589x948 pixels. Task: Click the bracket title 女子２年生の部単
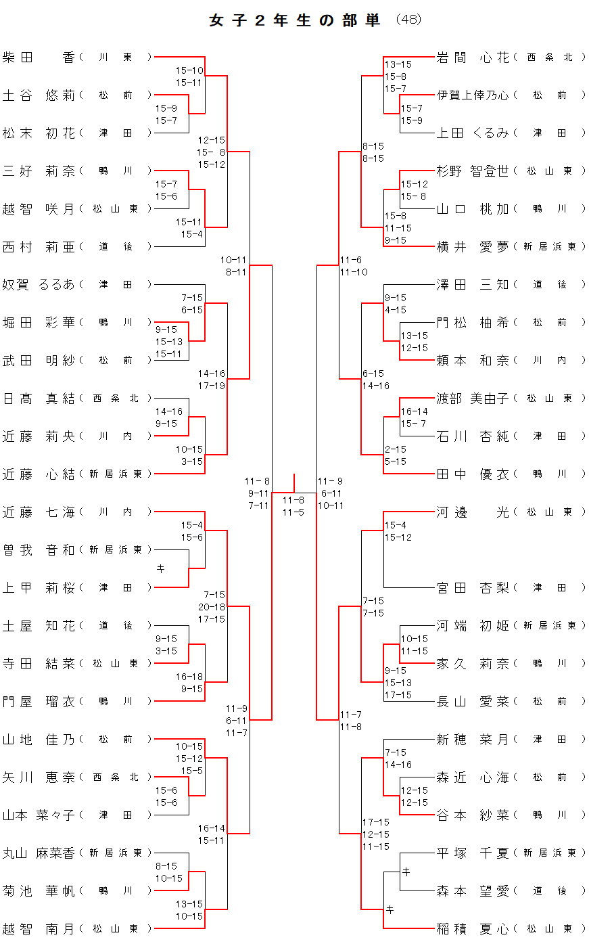coord(294,20)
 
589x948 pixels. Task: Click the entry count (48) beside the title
coord(408,20)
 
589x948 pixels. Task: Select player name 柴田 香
coord(39,58)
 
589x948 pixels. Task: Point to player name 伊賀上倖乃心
coord(473,95)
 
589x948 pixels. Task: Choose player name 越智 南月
coord(39,929)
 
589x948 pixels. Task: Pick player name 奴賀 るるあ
coord(39,285)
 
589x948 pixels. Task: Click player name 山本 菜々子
coord(39,815)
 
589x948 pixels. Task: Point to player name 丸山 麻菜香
coord(39,853)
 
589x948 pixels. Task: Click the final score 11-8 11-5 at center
coord(293,506)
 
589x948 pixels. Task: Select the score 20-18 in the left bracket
coord(212,607)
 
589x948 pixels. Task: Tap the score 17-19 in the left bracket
coord(212,386)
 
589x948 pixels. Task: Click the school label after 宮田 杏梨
coord(550,588)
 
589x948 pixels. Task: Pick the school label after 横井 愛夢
coord(550,247)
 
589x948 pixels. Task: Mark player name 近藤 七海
coord(39,512)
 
